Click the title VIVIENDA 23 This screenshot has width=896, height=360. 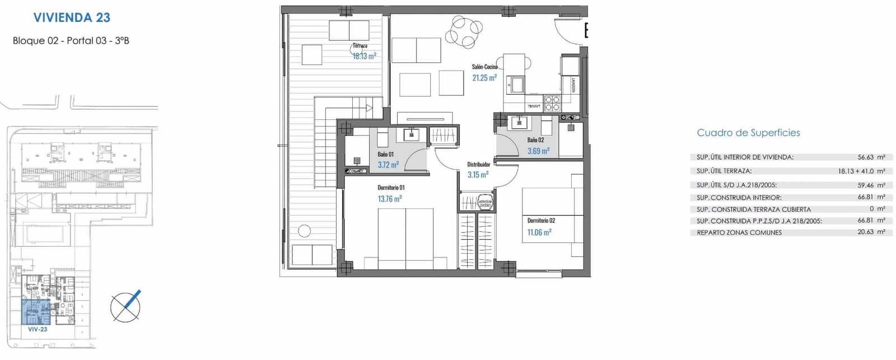[72, 17]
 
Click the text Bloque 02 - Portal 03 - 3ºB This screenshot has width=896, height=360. [71, 40]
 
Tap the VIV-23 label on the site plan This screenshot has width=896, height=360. [38, 330]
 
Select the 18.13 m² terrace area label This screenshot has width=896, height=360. [364, 56]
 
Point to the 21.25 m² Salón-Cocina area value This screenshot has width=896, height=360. [484, 78]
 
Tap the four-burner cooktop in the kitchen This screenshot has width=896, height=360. [552, 104]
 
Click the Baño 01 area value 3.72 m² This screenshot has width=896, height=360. [388, 165]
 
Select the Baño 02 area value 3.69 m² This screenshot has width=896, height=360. [538, 151]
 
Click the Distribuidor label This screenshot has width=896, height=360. [479, 165]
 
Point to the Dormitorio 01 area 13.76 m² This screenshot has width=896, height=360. [390, 199]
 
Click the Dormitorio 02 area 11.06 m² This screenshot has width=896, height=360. [539, 232]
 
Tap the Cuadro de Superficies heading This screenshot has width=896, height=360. [748, 133]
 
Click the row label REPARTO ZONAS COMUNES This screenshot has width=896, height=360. [739, 232]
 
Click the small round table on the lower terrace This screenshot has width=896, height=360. [304, 230]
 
